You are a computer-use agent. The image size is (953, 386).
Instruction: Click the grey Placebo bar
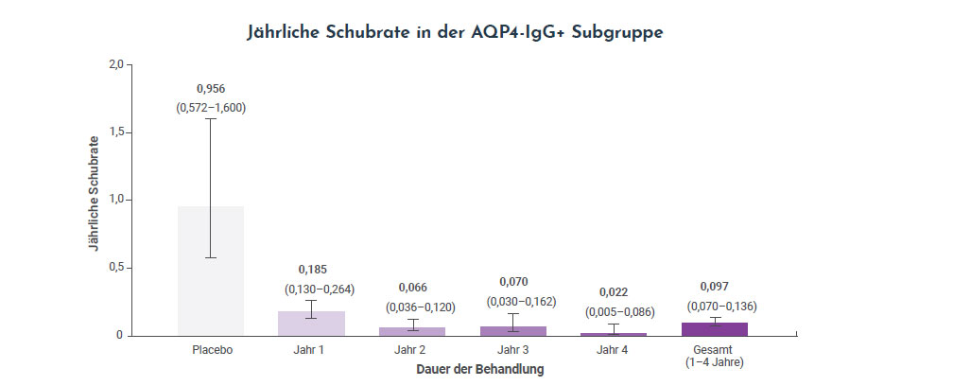pos(211,284)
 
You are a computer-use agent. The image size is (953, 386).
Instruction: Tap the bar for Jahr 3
pos(512,330)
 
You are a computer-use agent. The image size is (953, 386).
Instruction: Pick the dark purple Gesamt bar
pos(714,328)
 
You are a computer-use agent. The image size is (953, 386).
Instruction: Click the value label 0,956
pos(211,89)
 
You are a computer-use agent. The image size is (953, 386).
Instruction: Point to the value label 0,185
pos(311,270)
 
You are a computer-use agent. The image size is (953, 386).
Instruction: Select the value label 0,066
pos(412,287)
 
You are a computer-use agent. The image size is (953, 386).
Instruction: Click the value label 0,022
pos(614,292)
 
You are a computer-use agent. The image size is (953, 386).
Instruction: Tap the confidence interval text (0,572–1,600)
pos(211,108)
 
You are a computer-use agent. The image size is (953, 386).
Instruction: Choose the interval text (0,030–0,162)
pos(512,301)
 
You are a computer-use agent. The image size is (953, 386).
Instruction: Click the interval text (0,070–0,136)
pos(714,306)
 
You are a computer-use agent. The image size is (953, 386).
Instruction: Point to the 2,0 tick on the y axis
pos(115,64)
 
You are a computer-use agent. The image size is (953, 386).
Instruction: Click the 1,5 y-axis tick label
pos(115,132)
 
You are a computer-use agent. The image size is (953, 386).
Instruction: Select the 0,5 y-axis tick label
pos(115,268)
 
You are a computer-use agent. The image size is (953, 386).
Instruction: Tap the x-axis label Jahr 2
pos(412,350)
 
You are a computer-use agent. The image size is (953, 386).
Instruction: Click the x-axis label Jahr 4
pos(614,350)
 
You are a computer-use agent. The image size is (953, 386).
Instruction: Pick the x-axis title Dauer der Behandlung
pos(479,370)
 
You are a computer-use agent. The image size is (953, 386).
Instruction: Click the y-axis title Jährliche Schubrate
pos(93,199)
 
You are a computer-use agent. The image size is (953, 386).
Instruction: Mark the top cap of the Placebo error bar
pos(211,119)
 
